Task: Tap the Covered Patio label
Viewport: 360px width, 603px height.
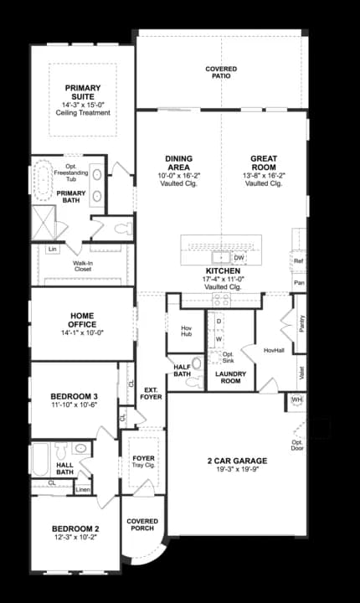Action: click(221, 72)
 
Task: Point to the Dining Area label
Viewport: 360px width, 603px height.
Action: click(179, 162)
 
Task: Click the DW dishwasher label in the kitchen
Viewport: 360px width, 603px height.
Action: click(239, 257)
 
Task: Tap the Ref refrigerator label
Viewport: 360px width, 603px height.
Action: click(299, 261)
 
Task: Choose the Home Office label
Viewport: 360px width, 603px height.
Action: click(82, 320)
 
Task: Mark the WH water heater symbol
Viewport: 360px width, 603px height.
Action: click(296, 401)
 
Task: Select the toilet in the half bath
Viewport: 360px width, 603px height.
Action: click(197, 364)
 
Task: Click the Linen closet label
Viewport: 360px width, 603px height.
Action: click(83, 490)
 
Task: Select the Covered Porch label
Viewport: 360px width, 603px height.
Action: click(142, 525)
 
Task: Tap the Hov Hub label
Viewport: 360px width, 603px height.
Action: click(186, 332)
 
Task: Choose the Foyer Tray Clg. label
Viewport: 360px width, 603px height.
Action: click(144, 463)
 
